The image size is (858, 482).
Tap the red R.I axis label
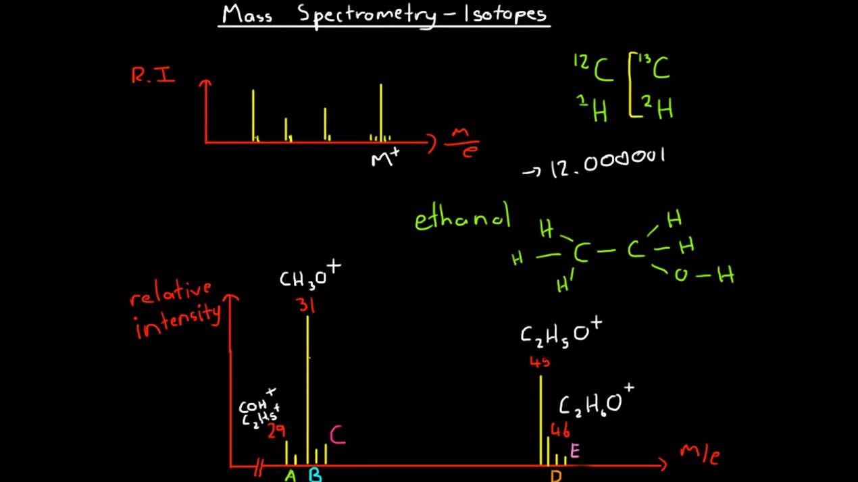153,76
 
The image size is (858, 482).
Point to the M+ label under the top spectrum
385,159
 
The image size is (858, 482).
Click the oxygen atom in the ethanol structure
681,275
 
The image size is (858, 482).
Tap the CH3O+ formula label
309,276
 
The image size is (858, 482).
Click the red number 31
306,305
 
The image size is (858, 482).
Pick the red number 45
540,362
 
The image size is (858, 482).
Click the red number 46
560,430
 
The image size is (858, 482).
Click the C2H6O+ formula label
597,402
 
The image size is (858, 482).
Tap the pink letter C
338,435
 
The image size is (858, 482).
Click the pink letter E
575,451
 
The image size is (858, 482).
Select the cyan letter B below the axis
316,475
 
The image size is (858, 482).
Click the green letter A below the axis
291,475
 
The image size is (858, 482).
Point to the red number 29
276,431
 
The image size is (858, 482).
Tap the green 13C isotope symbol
653,68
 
